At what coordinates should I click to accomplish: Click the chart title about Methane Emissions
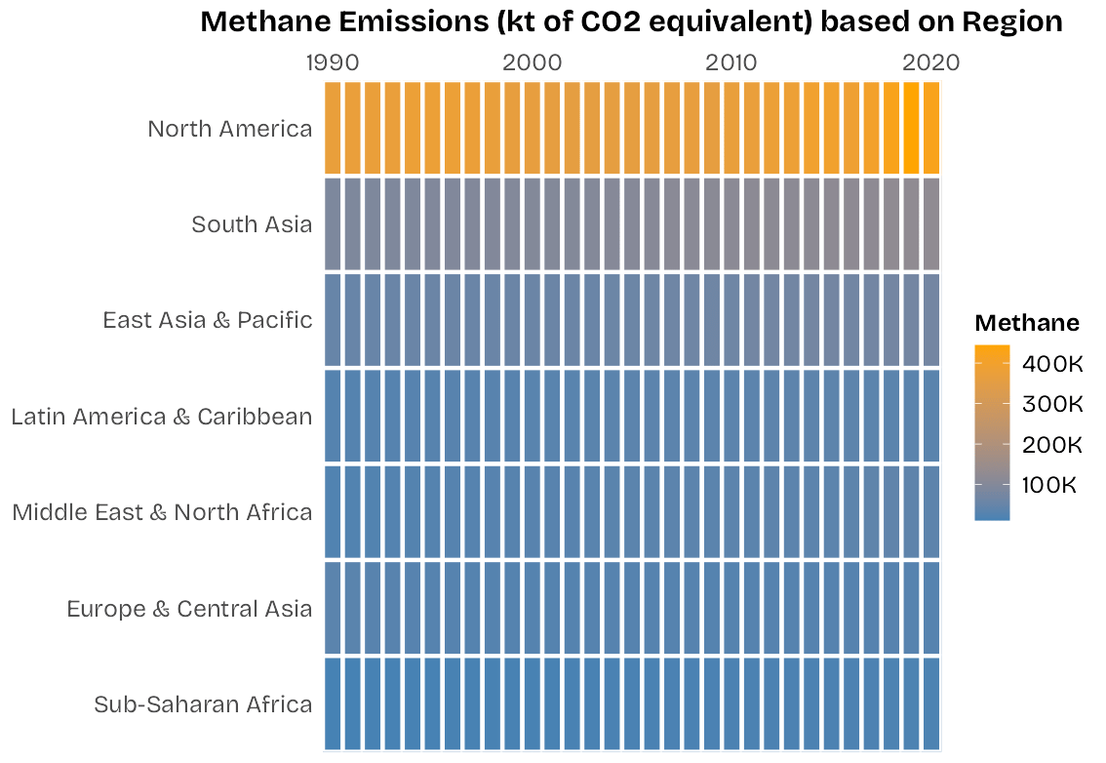631,21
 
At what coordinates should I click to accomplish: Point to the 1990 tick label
333,63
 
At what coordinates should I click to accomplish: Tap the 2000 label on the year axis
532,63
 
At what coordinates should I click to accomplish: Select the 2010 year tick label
731,63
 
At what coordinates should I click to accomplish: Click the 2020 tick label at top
931,63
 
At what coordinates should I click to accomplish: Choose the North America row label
230,129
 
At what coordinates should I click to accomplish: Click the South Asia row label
252,224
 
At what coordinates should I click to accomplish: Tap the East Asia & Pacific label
208,320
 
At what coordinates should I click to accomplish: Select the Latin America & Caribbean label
162,417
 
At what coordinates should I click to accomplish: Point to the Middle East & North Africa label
162,512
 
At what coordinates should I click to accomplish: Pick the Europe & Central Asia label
189,609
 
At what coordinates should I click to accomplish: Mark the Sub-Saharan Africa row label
203,704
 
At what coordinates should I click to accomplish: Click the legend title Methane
1027,323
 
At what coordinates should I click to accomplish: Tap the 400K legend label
1052,365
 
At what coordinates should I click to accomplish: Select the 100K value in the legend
1049,485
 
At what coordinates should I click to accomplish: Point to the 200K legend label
1052,445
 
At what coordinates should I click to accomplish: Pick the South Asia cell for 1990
333,223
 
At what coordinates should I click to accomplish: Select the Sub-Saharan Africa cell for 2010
731,703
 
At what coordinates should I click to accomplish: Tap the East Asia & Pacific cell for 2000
532,319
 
